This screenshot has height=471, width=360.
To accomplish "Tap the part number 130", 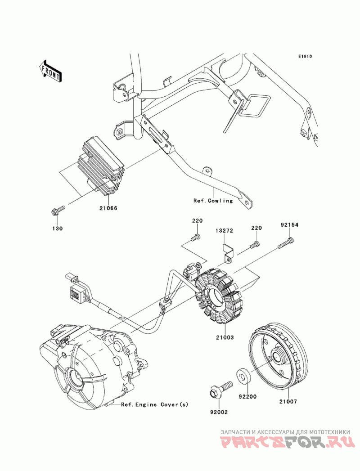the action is point(58,229).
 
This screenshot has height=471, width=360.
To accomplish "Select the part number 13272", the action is point(224,231).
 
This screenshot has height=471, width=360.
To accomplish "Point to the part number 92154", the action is point(289,224).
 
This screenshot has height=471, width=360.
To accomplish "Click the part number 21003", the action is point(224,337).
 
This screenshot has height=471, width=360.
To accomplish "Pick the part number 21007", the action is point(288,401).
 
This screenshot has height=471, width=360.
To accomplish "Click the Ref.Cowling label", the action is point(213,201).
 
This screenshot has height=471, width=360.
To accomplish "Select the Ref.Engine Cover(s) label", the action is point(154,404).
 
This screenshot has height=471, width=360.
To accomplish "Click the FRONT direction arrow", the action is point(50,71).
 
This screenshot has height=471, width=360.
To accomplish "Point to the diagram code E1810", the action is point(305,56).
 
